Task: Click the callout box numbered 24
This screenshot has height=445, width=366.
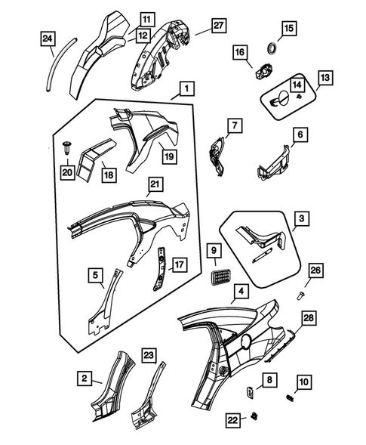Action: tap(48, 39)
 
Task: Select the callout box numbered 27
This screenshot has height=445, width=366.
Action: tap(218, 26)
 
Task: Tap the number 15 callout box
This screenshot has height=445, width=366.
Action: tap(288, 28)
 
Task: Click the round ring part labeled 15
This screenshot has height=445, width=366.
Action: tap(273, 48)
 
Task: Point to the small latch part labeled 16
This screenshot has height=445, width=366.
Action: tap(264, 72)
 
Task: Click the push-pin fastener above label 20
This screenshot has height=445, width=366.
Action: tap(67, 147)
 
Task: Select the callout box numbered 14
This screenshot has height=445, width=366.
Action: tap(297, 85)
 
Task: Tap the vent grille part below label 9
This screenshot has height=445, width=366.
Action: tap(221, 276)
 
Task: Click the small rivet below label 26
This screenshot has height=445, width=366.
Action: tap(300, 296)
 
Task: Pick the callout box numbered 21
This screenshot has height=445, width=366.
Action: tap(155, 184)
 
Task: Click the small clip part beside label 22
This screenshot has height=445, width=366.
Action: tap(254, 416)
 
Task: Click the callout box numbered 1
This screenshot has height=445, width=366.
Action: tap(186, 89)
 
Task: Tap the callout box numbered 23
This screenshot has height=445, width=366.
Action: tap(149, 356)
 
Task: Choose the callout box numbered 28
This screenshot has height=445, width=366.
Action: tap(309, 318)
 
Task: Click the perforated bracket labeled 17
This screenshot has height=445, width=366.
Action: tap(160, 268)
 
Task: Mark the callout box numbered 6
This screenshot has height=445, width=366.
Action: tap(300, 134)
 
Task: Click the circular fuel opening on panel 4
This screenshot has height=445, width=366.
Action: tap(246, 340)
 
